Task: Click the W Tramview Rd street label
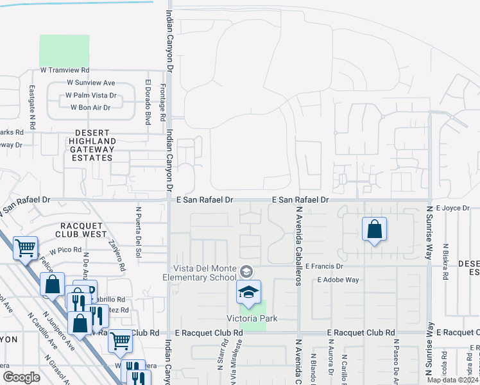click(x=64, y=70)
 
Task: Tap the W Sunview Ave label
click(x=90, y=83)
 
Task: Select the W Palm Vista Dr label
click(x=90, y=96)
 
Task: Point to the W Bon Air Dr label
click(x=93, y=108)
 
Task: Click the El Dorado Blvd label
click(x=147, y=102)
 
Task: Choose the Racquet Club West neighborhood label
click(x=92, y=230)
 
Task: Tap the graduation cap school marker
click(x=248, y=293)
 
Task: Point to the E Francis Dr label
click(x=325, y=266)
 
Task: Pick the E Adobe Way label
click(x=338, y=280)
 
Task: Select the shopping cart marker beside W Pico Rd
click(x=25, y=248)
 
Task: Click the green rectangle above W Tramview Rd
click(x=64, y=49)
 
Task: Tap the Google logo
click(x=21, y=377)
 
